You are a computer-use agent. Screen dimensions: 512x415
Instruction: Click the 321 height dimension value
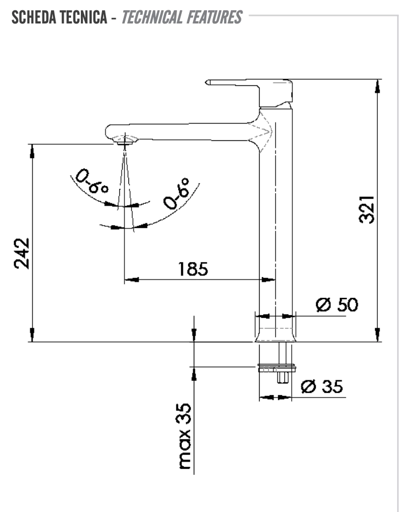pyautogui.click(x=367, y=210)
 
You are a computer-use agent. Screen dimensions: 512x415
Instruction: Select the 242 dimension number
pyautogui.click(x=22, y=253)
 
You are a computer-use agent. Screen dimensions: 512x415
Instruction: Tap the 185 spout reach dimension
pyautogui.click(x=193, y=269)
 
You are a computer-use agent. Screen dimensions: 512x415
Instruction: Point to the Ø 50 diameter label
pyautogui.click(x=337, y=305)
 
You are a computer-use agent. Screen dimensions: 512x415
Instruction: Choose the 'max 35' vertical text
pyautogui.click(x=184, y=435)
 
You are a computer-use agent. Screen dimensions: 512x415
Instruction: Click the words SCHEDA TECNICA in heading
pyautogui.click(x=58, y=18)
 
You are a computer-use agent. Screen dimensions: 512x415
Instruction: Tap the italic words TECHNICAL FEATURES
pyautogui.click(x=182, y=18)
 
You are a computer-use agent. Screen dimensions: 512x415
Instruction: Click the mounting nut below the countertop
pyautogui.click(x=277, y=368)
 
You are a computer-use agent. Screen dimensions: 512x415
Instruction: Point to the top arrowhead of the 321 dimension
pyautogui.click(x=377, y=85)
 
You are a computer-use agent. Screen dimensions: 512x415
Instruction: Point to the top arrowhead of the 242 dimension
pyautogui.click(x=32, y=151)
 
